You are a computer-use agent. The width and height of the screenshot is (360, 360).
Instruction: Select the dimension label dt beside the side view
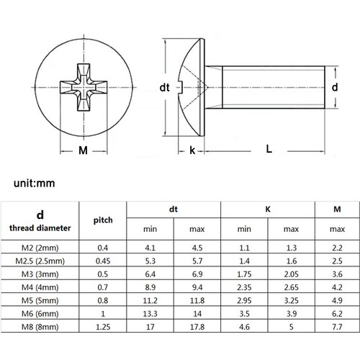click(164, 87)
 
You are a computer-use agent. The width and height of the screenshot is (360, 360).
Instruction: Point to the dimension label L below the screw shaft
click(268, 149)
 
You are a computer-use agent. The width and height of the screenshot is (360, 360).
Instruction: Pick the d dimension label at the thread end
click(334, 86)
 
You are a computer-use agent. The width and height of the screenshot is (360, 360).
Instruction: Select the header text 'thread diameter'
click(40, 228)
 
